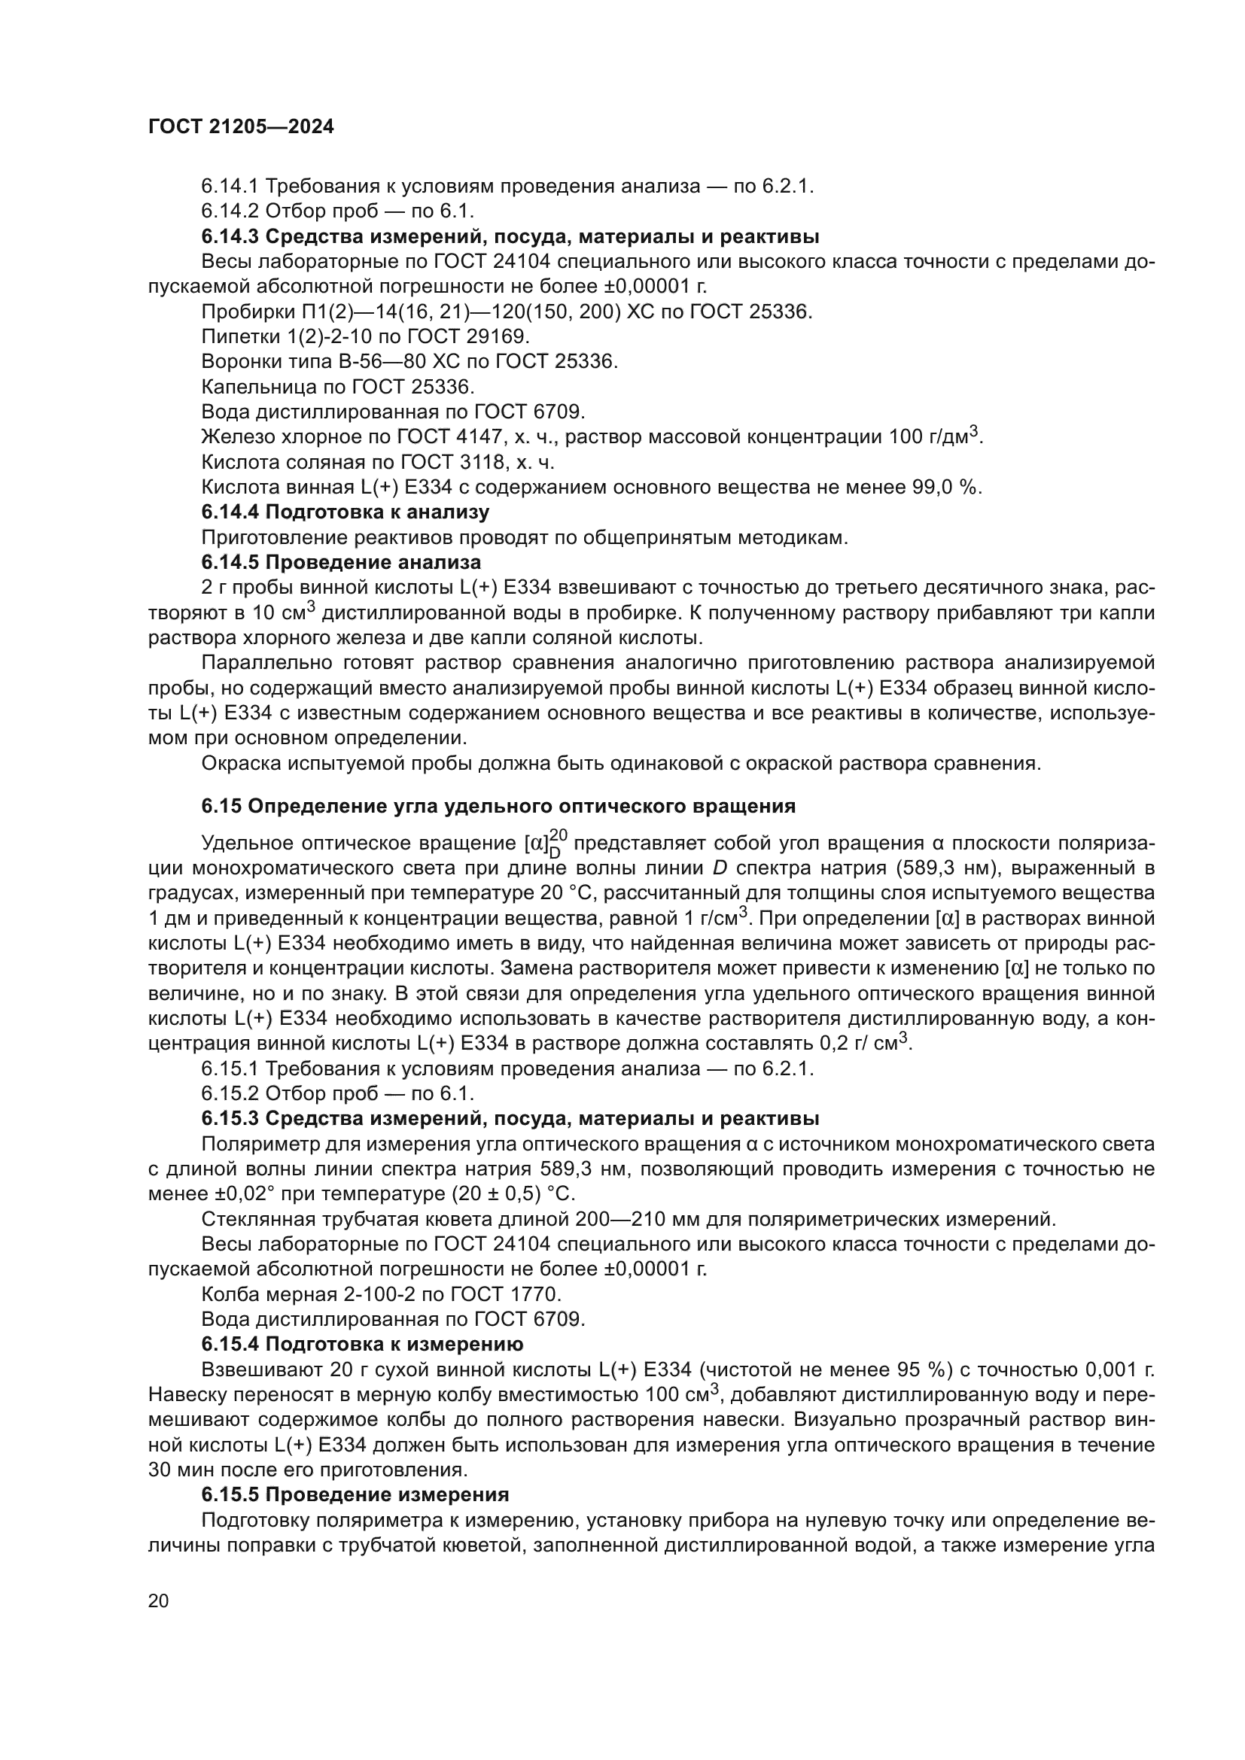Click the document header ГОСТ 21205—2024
click(x=241, y=127)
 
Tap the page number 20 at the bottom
click(x=158, y=1600)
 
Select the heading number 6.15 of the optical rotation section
click(x=221, y=806)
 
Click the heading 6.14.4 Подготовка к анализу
click(x=345, y=512)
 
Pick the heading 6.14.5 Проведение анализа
click(x=341, y=563)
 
